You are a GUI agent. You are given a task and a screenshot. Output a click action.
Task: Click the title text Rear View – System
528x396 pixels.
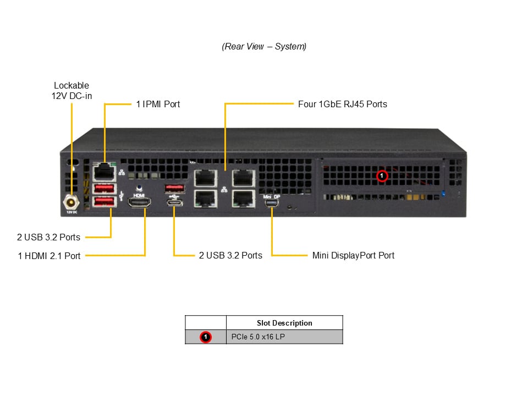coord(264,47)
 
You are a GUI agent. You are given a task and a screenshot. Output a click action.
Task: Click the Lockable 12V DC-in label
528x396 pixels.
coord(71,91)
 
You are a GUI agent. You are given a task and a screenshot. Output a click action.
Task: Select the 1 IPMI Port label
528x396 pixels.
coord(158,104)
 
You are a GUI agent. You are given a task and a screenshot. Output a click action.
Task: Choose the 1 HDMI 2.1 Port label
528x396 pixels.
coord(49,256)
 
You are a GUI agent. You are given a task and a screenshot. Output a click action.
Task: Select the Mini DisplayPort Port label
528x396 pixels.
coord(353,256)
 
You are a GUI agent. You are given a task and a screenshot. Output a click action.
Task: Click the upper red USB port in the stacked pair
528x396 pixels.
coord(105,189)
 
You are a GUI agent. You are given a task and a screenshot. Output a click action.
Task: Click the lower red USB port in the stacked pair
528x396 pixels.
coord(105,202)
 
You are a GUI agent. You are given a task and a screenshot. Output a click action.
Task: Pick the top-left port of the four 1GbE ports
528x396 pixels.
coord(205,178)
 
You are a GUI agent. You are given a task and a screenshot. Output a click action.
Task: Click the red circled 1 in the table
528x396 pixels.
coord(206,337)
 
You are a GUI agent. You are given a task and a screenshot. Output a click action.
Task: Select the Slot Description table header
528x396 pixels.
coord(284,323)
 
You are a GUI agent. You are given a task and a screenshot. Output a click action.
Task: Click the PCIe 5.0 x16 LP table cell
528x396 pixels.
coord(284,337)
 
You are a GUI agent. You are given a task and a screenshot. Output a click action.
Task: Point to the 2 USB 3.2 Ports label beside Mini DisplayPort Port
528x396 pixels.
coord(230,256)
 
